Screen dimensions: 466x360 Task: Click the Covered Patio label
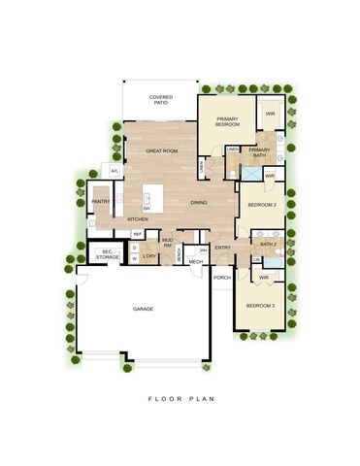tap(161, 100)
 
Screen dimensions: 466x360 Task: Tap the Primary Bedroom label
tap(228, 121)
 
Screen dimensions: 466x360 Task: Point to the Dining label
tap(198, 202)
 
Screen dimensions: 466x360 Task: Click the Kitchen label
tap(138, 218)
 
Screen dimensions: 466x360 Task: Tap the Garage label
tap(143, 308)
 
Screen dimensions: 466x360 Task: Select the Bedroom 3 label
tap(259, 307)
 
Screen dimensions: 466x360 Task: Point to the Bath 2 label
tap(269, 244)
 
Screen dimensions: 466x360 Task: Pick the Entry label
tap(223, 248)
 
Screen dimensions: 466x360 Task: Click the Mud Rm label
tap(167, 242)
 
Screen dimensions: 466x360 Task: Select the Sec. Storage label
tap(107, 254)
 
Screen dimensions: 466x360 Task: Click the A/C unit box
tap(114, 171)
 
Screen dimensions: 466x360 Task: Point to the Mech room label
tap(196, 261)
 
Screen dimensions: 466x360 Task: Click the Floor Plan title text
tap(180, 397)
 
